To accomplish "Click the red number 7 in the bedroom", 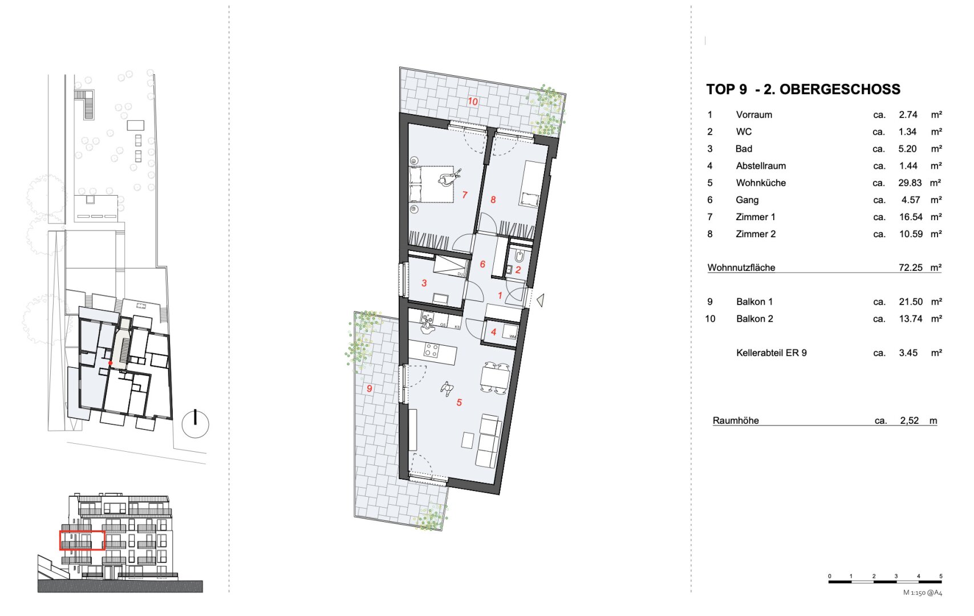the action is pyautogui.click(x=465, y=195).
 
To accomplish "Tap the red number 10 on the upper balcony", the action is pyautogui.click(x=473, y=102).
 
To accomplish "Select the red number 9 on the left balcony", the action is pyautogui.click(x=369, y=388).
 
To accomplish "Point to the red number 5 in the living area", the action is pyautogui.click(x=459, y=403).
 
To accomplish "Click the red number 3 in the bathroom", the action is pyautogui.click(x=424, y=283).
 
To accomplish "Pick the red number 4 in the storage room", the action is pyautogui.click(x=493, y=333).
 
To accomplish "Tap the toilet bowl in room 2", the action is pyautogui.click(x=519, y=256).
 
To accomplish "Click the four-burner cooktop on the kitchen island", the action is pyautogui.click(x=431, y=350).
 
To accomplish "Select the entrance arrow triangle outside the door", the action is pyautogui.click(x=541, y=300).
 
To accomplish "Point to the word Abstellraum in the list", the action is pyautogui.click(x=761, y=166).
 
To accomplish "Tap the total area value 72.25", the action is pyautogui.click(x=911, y=268).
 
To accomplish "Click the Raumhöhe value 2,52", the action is pyautogui.click(x=910, y=421).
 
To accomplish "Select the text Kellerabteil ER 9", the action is pyautogui.click(x=772, y=353).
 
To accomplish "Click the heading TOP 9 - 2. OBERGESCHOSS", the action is pyautogui.click(x=803, y=89).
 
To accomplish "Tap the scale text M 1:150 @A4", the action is pyautogui.click(x=923, y=593).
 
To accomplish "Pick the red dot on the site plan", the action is pyautogui.click(x=111, y=363).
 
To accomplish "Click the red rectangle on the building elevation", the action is pyautogui.click(x=82, y=531).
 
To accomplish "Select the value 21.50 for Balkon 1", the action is pyautogui.click(x=911, y=302).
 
